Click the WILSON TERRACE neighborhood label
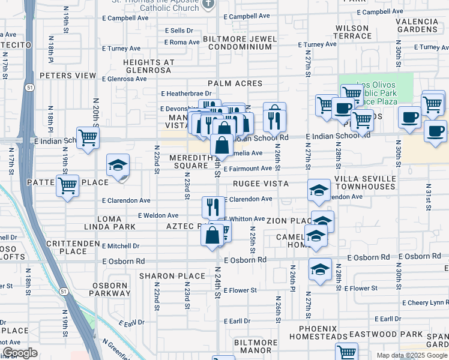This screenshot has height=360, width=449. click(352, 32)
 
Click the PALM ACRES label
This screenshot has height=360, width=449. click(235, 83)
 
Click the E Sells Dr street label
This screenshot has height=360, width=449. click(179, 30)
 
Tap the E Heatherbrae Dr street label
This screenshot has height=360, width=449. click(187, 94)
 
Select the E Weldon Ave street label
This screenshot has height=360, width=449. click(158, 215)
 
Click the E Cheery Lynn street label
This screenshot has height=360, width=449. click(426, 302)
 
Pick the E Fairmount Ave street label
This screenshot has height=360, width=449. click(247, 169)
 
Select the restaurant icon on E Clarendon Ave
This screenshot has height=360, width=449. click(212, 208)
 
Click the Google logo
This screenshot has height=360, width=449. click(20, 353)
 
